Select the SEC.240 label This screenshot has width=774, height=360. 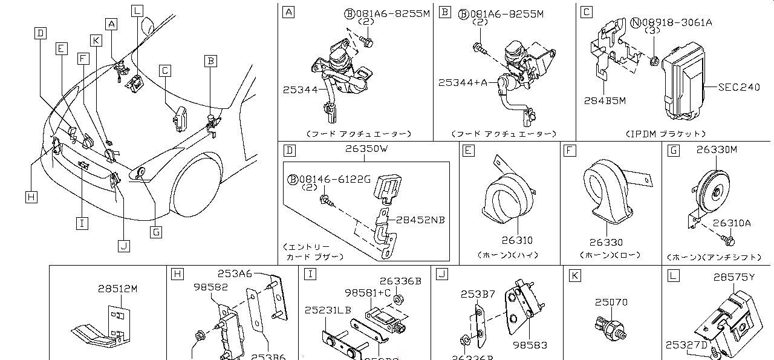click(738, 87)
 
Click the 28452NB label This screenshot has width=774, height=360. click(420, 220)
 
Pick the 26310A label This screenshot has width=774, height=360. click(732, 223)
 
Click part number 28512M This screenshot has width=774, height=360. click(117, 289)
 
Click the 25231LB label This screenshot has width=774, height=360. click(328, 310)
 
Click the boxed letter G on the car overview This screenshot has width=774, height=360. click(156, 232)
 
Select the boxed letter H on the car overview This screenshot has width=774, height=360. click(31, 196)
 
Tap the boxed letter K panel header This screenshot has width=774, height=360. click(575, 275)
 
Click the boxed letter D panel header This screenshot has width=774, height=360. click(289, 149)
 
